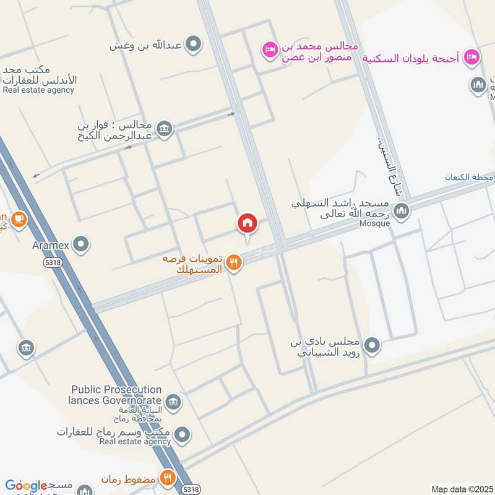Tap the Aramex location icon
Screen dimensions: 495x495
(x=80, y=245)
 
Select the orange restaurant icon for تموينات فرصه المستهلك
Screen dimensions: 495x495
(x=233, y=262)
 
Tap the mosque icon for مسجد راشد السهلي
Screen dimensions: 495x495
(x=402, y=212)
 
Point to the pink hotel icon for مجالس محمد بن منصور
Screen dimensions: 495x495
(x=270, y=48)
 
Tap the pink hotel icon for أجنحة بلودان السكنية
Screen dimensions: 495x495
(x=471, y=56)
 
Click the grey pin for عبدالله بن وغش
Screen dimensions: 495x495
(x=194, y=44)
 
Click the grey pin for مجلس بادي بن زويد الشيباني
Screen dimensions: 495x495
(x=371, y=345)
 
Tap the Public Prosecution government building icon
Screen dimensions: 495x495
(x=173, y=402)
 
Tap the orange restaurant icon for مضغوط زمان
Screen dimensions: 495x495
(x=167, y=478)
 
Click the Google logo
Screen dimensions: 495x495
(x=26, y=486)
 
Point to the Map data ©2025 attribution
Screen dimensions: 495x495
(x=461, y=489)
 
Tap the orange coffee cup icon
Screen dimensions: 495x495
(x=19, y=219)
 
